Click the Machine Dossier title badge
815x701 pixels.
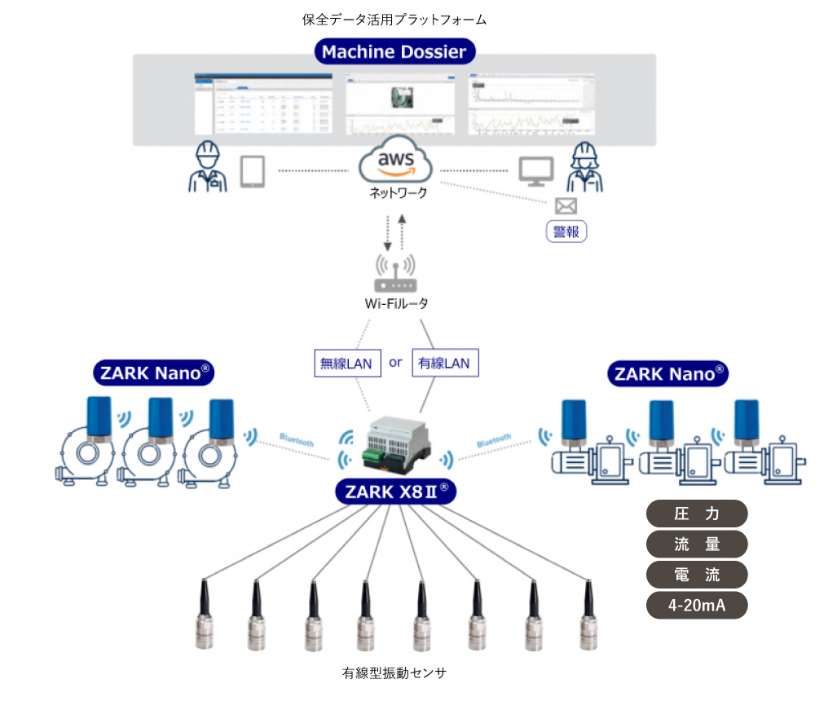click(394, 52)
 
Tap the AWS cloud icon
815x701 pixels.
click(394, 162)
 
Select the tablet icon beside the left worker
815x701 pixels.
click(253, 172)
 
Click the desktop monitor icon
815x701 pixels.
click(536, 170)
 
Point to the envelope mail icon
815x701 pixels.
click(565, 205)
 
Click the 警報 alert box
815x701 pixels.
click(566, 231)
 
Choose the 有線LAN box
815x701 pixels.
click(445, 363)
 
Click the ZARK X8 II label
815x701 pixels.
click(395, 492)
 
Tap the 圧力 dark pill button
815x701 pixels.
click(697, 514)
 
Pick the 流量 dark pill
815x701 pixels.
click(697, 544)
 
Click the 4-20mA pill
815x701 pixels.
click(697, 605)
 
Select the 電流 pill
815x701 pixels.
click(697, 575)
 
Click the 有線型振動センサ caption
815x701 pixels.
click(395, 673)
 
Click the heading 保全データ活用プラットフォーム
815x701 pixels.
click(394, 19)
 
